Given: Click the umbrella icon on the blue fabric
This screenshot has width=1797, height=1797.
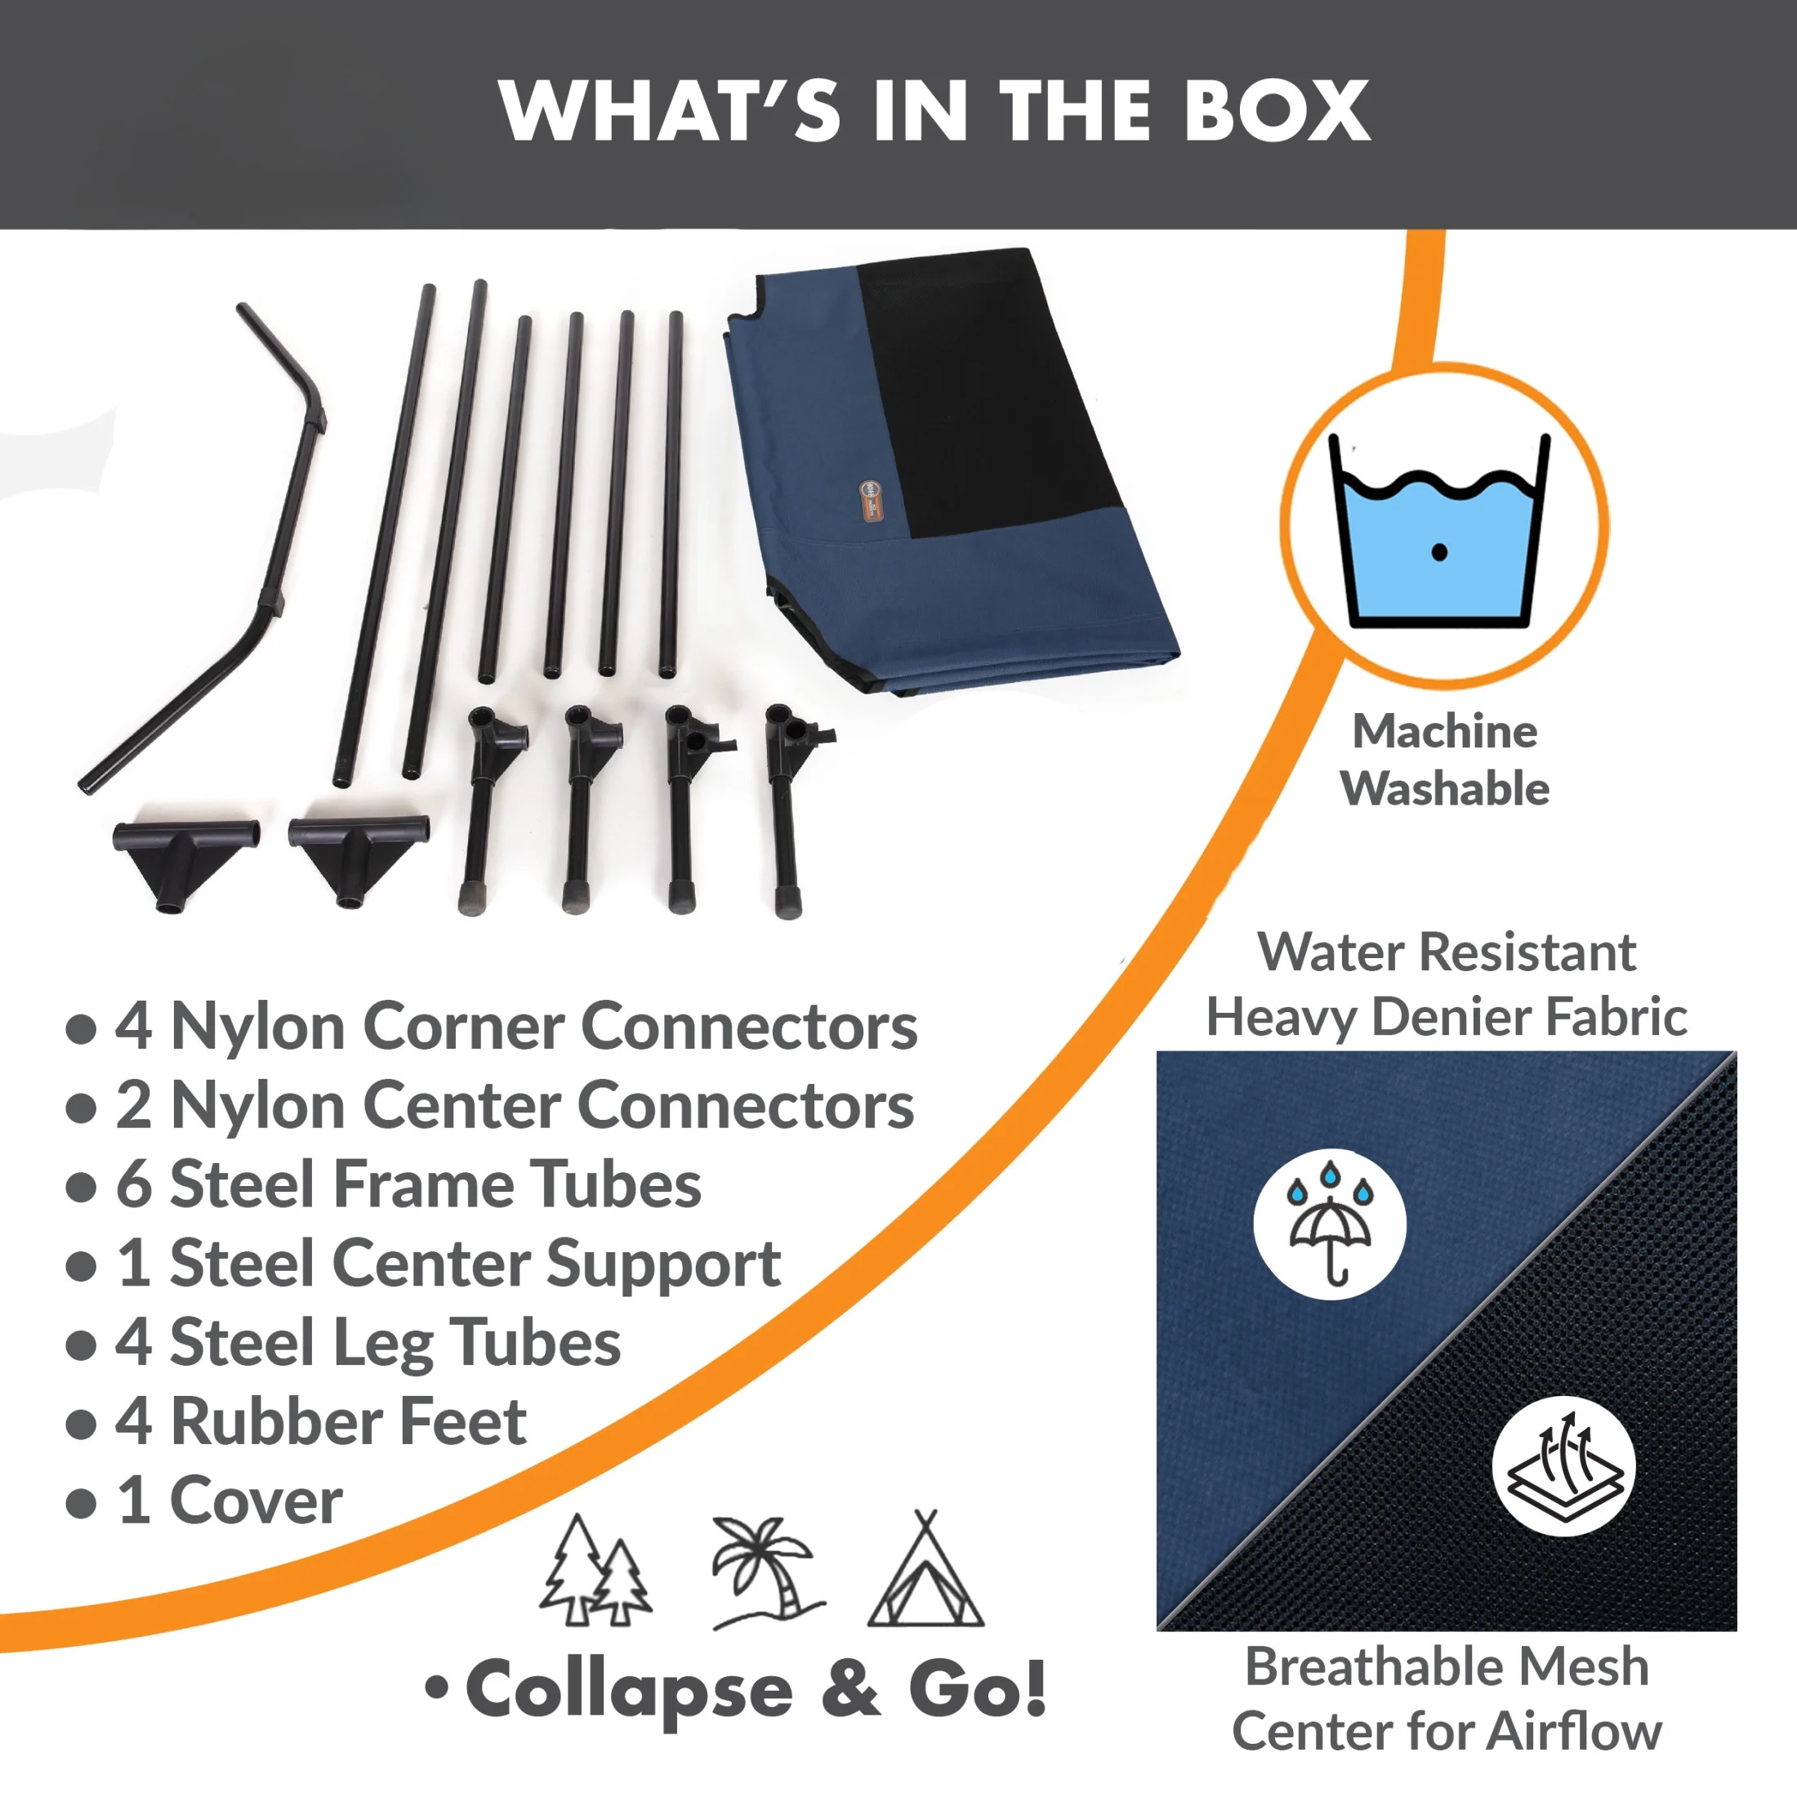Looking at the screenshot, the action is click(1329, 1223).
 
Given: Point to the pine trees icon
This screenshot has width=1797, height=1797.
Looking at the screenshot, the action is click(595, 1571).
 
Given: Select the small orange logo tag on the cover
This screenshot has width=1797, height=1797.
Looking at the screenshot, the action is click(871, 502).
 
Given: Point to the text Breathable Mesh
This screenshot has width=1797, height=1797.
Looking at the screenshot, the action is click(1447, 1665).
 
